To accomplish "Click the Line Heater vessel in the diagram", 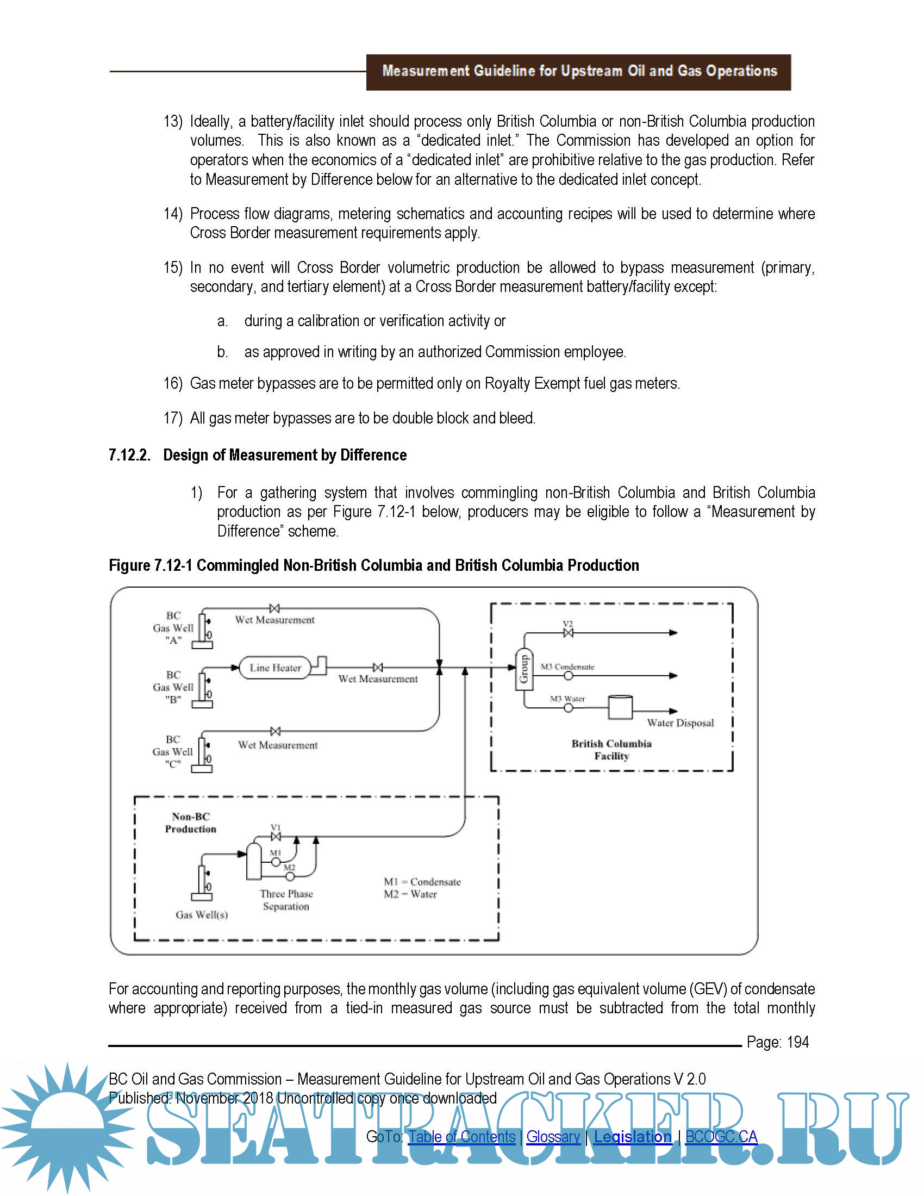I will click(275, 668).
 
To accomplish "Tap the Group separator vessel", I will click(524, 669).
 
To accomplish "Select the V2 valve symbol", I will click(568, 633).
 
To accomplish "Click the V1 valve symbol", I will click(276, 836).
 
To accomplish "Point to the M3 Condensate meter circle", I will click(569, 676).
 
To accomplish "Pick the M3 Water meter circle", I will click(569, 708).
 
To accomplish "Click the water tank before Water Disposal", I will click(620, 707).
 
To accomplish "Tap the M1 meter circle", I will click(276, 863).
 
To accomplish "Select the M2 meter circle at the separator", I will click(290, 876).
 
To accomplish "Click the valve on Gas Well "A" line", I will click(275, 608).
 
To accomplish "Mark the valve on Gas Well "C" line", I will click(276, 732).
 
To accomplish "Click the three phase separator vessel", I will click(254, 862).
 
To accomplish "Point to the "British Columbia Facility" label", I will click(611, 750).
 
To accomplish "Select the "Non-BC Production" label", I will click(190, 823).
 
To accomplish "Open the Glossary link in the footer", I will click(553, 1136).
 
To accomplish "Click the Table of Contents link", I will click(462, 1136).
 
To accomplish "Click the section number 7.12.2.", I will click(130, 455).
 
